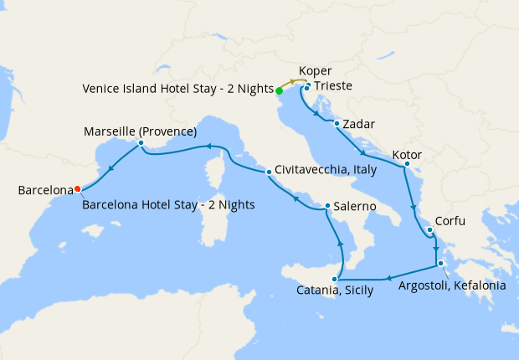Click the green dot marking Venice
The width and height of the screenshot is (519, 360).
point(279,90)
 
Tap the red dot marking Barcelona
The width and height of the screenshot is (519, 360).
point(78,188)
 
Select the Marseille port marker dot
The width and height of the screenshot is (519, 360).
point(141,143)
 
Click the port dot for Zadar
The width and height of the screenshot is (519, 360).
point(337,124)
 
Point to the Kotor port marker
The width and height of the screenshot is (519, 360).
point(406,163)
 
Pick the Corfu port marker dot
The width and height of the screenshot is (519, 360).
point(429,230)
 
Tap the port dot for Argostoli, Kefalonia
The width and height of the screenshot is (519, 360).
point(440,265)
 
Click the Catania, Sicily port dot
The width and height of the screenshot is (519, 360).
point(337,279)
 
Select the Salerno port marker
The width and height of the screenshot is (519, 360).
point(327,206)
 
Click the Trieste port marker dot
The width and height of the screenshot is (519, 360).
point(307,87)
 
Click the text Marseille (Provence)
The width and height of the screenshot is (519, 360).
point(141,131)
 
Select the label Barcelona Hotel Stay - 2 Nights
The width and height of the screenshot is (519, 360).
point(168,204)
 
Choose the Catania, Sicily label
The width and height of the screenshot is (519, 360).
point(334,292)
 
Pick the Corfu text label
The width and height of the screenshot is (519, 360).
point(450,222)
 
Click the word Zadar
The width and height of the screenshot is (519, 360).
point(359,125)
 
